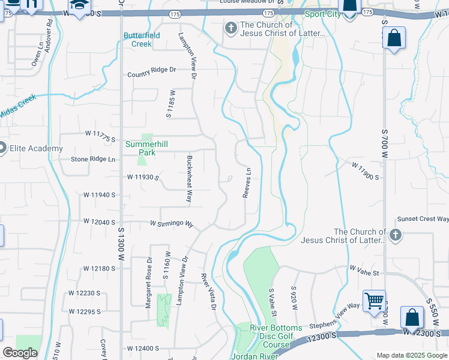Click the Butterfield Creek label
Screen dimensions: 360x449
coord(142,40)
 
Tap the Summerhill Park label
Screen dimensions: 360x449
coord(140,148)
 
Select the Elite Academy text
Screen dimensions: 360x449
coord(35,148)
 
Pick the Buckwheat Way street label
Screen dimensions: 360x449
coord(189,178)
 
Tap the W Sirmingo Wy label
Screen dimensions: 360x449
coord(172,224)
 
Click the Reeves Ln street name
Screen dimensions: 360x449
coord(246,184)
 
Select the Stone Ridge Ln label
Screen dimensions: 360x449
coord(93,159)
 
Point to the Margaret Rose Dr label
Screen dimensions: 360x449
coord(148,283)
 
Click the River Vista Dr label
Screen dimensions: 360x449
coord(208,292)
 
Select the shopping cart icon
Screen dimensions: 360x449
coord(374,299)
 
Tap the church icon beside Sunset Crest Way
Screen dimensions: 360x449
coord(395,235)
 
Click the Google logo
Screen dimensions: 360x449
coord(20,353)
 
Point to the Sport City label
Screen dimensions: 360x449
coord(322,14)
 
